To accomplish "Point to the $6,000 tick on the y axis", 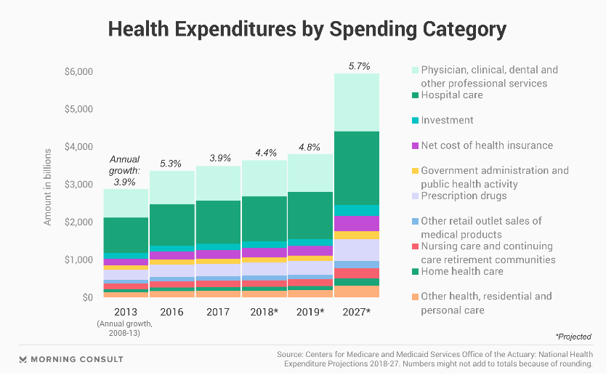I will (78, 72).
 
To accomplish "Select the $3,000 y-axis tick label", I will (78, 185).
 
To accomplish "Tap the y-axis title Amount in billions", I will (48, 186).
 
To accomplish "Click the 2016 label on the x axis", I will (171, 311).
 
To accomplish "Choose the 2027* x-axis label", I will (357, 311).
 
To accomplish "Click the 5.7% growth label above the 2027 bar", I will (357, 66).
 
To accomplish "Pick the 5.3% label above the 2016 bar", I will (171, 164).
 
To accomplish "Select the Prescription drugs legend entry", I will (464, 196).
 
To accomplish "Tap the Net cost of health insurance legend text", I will (487, 145).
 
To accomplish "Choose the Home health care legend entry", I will (462, 272).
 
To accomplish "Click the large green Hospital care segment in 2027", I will (357, 167).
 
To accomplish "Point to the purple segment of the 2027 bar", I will (357, 223).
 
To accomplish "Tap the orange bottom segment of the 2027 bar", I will (357, 291).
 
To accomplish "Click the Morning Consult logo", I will (71, 359).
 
